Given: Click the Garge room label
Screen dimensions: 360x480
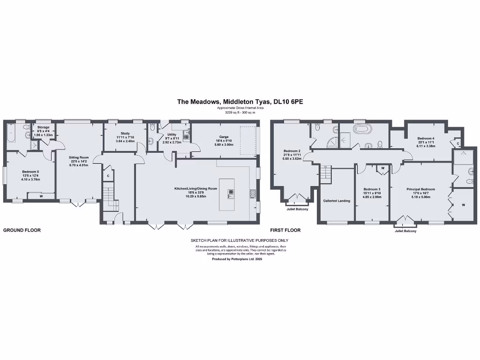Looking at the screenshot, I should (224, 137).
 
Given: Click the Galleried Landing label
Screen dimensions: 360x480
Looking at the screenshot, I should (337, 201).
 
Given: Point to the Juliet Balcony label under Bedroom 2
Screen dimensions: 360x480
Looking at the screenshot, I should (298, 209).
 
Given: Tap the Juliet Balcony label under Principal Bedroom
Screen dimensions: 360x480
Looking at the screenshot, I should (405, 231).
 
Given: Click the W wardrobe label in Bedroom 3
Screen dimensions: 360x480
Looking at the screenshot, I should (383, 168).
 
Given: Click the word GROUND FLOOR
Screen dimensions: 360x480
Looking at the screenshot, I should (22, 230).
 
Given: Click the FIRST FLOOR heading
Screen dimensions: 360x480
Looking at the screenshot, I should (285, 230).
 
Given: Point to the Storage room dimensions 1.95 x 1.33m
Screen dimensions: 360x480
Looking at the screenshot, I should (43, 135).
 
